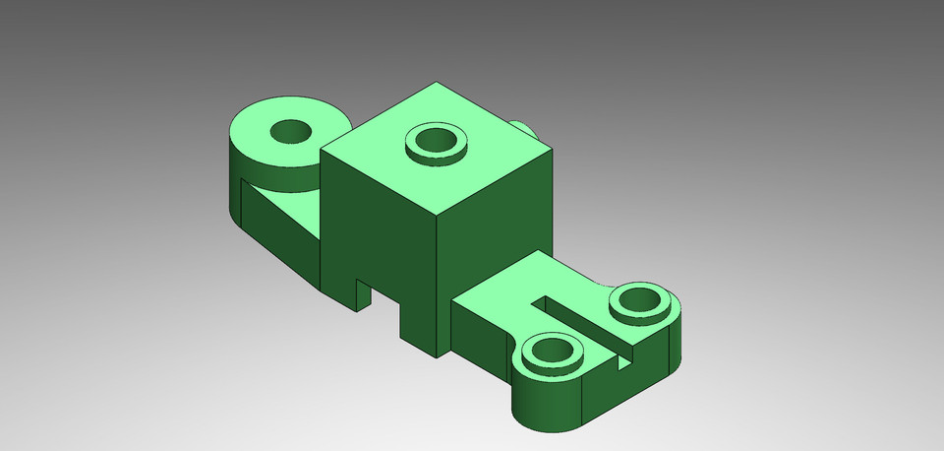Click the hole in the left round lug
click(x=291, y=130)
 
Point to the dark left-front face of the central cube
click(x=379, y=236)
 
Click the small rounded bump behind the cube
click(x=522, y=129)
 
